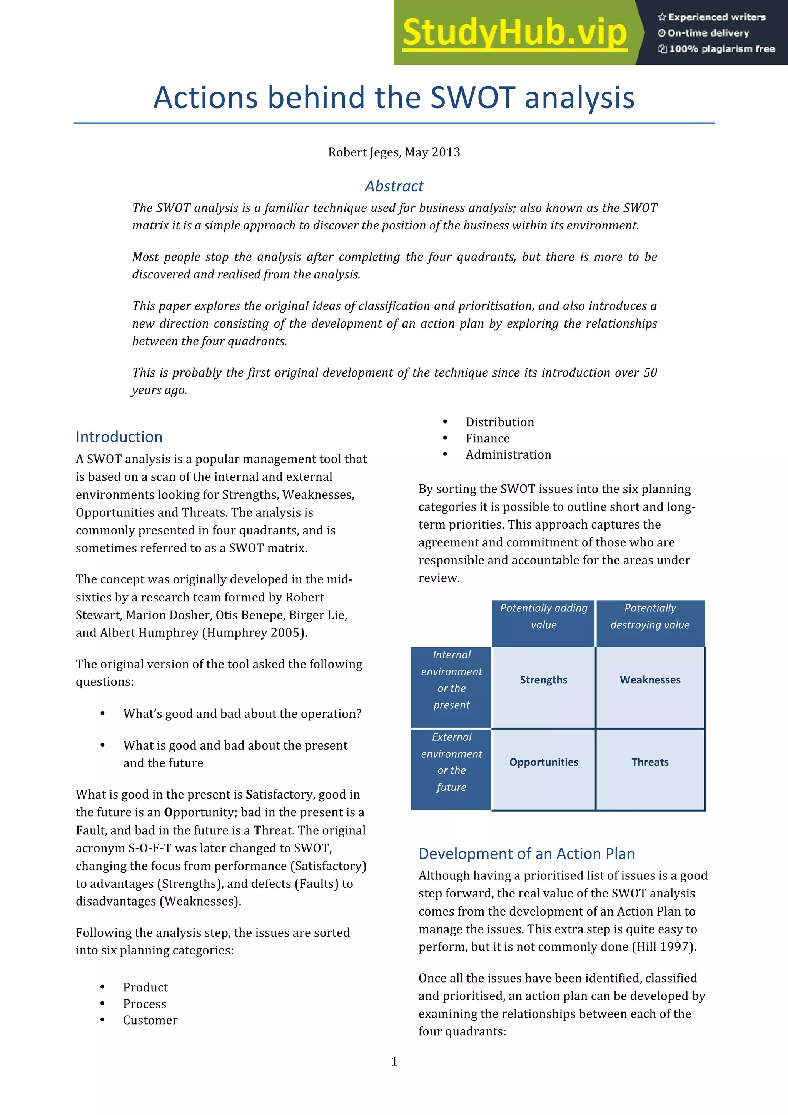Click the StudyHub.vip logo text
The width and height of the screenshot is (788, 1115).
[x=514, y=33]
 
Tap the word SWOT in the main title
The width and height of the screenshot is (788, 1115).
[x=472, y=97]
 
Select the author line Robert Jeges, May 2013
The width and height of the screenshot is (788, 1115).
[x=394, y=152]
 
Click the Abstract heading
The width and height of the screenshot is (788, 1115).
[x=394, y=186]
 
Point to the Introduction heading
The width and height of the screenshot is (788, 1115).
[x=119, y=437]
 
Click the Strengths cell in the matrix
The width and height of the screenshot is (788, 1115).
[x=543, y=680]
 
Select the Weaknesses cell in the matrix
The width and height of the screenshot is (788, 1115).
[x=650, y=680]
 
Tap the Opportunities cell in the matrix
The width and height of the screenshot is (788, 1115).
[x=543, y=762]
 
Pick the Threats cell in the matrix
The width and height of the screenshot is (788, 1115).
[x=650, y=762]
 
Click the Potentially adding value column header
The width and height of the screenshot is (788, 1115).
[x=543, y=616]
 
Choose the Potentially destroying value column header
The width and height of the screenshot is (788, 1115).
[x=650, y=616]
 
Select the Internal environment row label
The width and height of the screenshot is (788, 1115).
[x=451, y=680]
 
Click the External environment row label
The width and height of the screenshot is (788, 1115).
[x=451, y=762]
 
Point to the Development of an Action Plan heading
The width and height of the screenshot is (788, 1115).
[x=526, y=854]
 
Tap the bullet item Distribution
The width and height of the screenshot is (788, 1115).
[x=500, y=422]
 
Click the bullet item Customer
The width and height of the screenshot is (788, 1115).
[x=150, y=1020]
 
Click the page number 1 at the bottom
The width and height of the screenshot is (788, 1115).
[x=394, y=1061]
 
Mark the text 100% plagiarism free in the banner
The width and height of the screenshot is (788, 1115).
[x=721, y=49]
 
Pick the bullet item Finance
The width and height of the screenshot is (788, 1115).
[x=487, y=439]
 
